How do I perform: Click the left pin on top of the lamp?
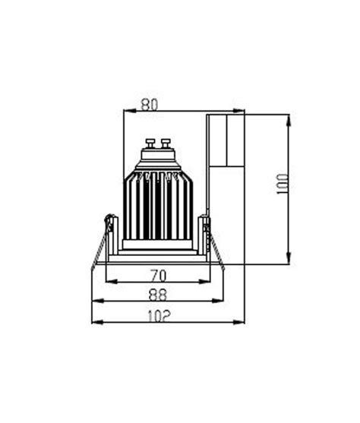(x=148, y=142)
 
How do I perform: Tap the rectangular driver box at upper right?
(x=227, y=140)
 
